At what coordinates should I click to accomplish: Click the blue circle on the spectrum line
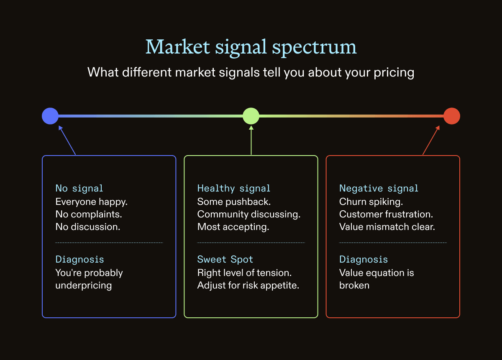click(50, 116)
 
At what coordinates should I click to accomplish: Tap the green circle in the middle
click(251, 116)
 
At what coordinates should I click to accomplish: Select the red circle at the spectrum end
click(452, 116)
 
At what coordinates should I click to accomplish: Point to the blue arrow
click(67, 140)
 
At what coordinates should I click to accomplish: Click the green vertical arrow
click(251, 140)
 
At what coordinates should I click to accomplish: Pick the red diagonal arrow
click(431, 140)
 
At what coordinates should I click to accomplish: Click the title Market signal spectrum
click(251, 48)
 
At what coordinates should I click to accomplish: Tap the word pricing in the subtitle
click(394, 73)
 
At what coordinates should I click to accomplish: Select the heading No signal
click(79, 189)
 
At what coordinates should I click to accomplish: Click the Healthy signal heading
click(234, 189)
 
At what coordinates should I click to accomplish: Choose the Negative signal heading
click(379, 189)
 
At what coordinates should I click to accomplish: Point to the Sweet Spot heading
click(225, 259)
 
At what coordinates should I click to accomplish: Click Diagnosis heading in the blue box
click(79, 259)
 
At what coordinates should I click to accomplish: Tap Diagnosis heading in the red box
click(364, 259)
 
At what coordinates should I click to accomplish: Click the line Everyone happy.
click(92, 202)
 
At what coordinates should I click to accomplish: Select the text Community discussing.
click(249, 214)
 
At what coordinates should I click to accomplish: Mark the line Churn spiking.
click(371, 202)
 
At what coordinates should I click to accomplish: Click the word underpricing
click(84, 286)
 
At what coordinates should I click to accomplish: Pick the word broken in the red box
click(354, 286)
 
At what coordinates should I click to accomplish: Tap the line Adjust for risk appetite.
click(248, 286)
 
